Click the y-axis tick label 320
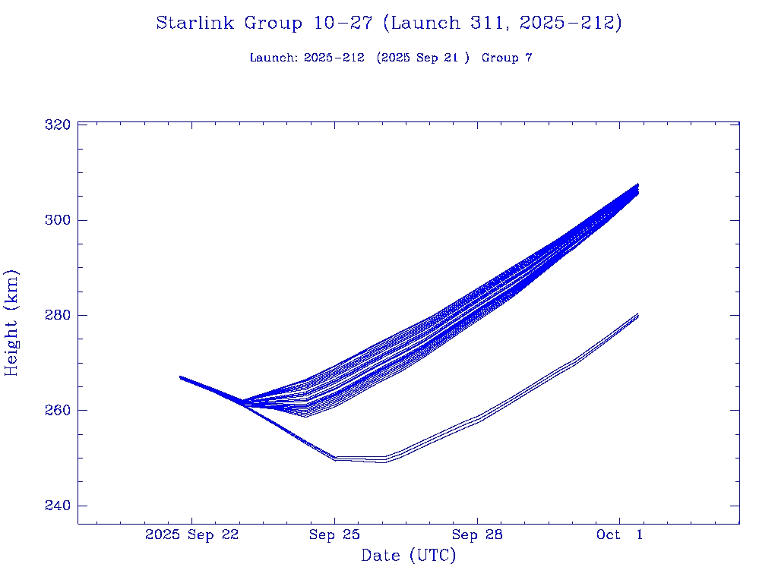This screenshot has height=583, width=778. click(59, 124)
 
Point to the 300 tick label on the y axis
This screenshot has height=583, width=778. click(59, 220)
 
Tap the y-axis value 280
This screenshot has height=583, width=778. click(59, 315)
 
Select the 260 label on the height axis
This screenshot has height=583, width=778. click(59, 411)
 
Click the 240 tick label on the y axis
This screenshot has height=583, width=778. click(59, 506)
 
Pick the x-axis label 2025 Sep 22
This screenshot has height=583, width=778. click(191, 535)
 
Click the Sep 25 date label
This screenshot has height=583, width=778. click(334, 535)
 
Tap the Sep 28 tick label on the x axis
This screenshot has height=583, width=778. click(477, 535)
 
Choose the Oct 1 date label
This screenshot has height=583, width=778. click(619, 535)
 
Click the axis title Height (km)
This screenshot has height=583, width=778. click(12, 323)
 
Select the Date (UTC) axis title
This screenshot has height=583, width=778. click(409, 556)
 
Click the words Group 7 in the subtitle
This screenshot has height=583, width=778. click(507, 58)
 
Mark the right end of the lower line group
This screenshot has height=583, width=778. click(638, 315)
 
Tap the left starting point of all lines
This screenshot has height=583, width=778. click(180, 377)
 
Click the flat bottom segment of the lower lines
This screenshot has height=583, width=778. click(360, 459)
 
